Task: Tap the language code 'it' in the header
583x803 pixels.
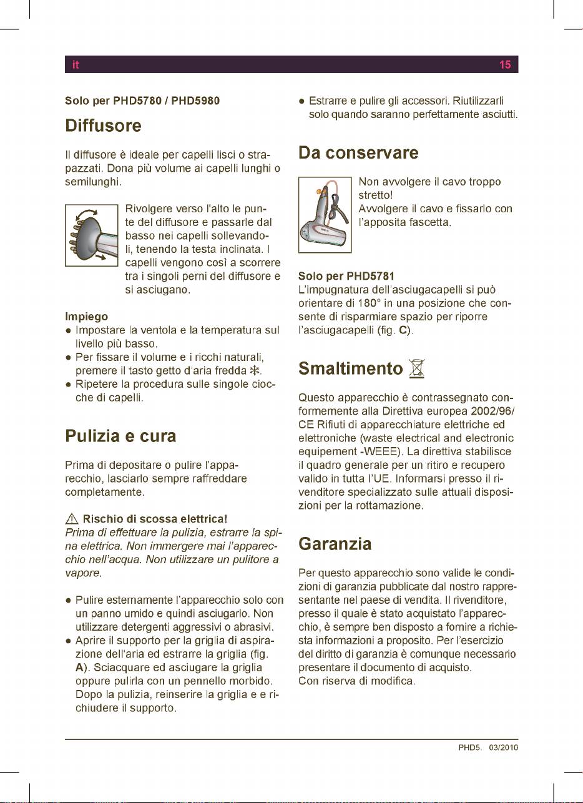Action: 74,65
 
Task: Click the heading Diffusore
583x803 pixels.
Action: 104,126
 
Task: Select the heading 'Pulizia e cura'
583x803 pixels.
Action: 120,436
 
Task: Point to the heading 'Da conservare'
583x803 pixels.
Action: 358,153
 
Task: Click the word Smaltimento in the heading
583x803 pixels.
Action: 350,368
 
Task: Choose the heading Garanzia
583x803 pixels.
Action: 335,544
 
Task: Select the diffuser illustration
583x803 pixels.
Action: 92,235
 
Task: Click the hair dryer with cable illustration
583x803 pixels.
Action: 325,214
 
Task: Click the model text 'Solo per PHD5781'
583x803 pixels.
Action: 346,276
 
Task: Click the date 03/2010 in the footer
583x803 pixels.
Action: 504,747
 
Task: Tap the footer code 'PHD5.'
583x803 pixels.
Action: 471,747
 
